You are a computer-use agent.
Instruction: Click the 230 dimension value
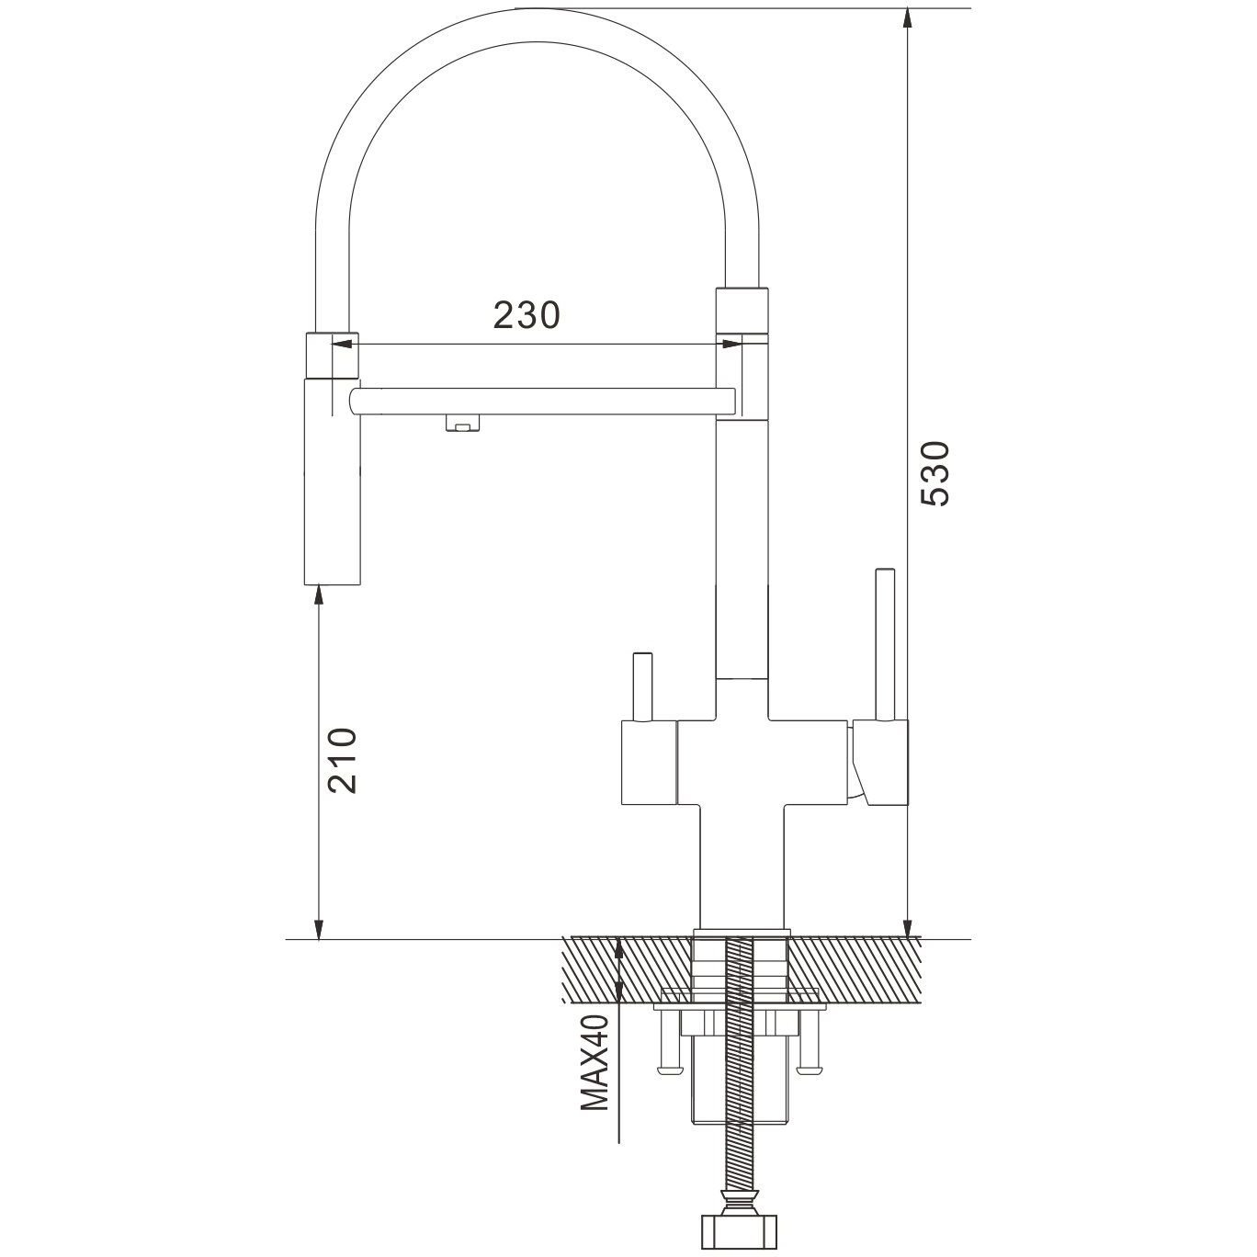(x=527, y=315)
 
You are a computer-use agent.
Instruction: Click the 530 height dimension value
(x=934, y=473)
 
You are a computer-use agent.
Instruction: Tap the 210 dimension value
(x=343, y=761)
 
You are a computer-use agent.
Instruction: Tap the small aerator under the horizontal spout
(x=462, y=424)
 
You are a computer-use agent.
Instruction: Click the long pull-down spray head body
(x=332, y=481)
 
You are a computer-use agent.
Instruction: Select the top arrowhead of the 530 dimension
(x=907, y=18)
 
